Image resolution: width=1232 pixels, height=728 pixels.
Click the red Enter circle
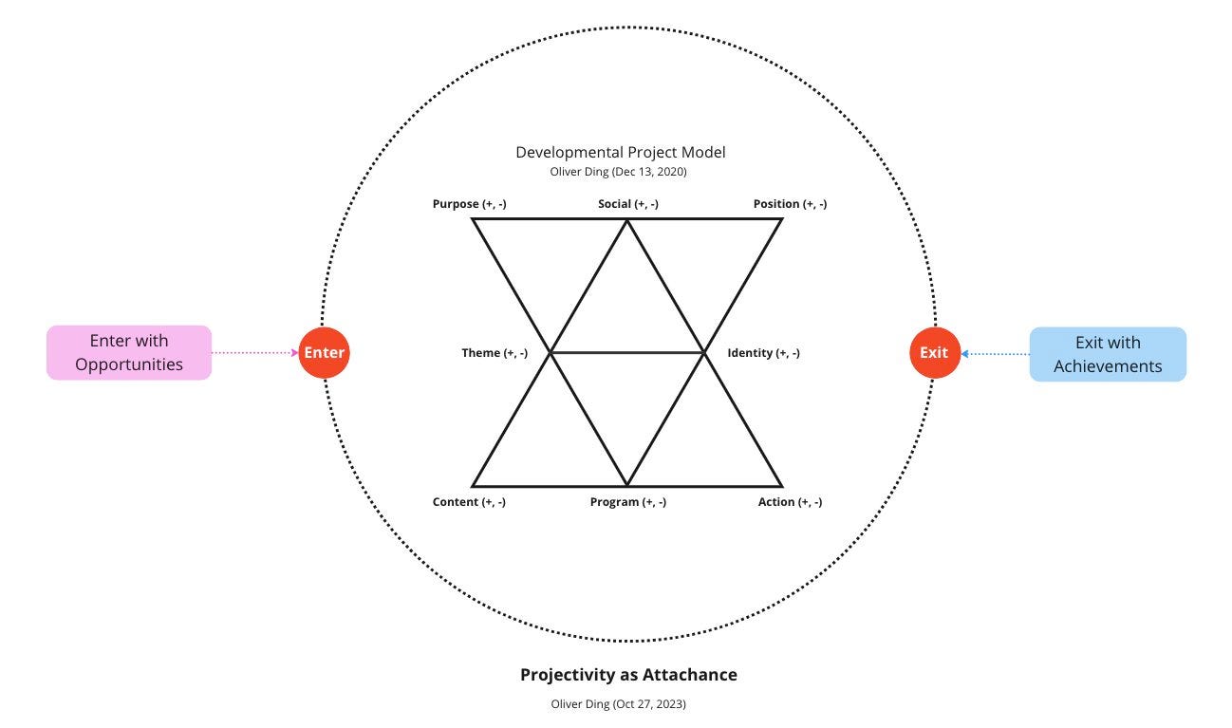coord(325,352)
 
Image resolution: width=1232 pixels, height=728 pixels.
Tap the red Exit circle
coord(934,352)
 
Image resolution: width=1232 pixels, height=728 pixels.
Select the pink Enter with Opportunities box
coord(129,352)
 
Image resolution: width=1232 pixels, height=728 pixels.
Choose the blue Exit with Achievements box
coord(1108,354)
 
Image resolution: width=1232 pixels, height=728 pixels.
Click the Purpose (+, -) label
coord(469,204)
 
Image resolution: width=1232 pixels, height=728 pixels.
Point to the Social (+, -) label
coord(628,204)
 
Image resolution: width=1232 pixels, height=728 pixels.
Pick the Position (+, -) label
coord(790,204)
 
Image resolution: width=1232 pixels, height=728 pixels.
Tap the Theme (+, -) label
coord(495,353)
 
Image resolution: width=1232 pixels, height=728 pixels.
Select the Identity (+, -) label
coord(763,353)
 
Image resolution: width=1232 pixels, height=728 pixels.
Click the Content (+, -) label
coord(469,502)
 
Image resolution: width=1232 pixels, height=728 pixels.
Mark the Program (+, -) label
coord(628,502)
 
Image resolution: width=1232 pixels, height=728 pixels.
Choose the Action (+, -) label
coord(790,502)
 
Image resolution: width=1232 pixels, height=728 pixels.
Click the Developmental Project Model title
coord(621,152)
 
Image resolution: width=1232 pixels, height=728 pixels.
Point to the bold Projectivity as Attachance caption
coord(628,675)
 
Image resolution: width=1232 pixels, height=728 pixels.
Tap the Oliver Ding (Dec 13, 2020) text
coord(618,172)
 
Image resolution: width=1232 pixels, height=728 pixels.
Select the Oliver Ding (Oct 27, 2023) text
coord(618,704)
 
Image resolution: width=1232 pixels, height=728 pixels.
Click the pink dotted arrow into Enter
coord(254,352)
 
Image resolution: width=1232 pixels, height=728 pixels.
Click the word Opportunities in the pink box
coord(129,364)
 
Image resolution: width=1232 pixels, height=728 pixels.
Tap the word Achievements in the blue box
coord(1108,366)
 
